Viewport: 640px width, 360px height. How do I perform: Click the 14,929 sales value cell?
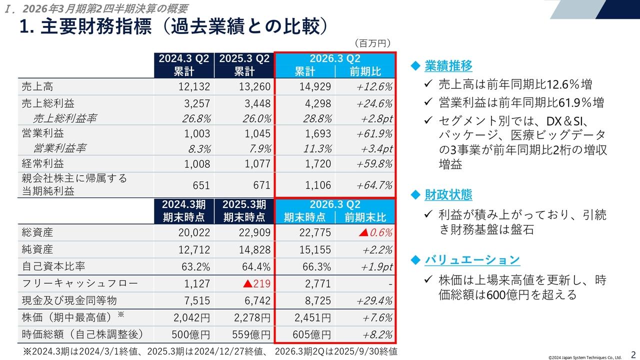click(315, 86)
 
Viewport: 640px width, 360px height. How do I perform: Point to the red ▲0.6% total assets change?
click(375, 232)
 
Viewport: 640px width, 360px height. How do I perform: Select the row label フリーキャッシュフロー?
click(80, 284)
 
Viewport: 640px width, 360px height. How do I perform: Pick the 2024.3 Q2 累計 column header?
click(183, 64)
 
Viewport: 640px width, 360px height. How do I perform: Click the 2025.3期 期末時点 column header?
click(244, 210)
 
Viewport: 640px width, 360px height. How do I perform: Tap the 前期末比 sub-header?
click(365, 217)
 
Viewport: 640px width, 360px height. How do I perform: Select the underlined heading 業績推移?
click(448, 65)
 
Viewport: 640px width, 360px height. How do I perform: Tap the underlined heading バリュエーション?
click(472, 259)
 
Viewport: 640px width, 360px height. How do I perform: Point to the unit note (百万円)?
click(372, 43)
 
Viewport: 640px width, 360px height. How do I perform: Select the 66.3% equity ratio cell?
click(317, 266)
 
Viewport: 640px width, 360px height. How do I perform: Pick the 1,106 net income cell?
click(317, 185)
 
